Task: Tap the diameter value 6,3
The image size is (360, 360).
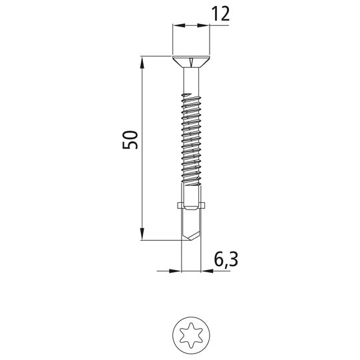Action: (x=225, y=260)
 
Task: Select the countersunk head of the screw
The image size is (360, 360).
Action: (x=191, y=62)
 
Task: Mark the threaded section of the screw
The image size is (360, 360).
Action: (x=191, y=140)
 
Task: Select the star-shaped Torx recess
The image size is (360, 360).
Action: (x=191, y=331)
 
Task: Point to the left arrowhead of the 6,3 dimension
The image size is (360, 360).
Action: (x=178, y=271)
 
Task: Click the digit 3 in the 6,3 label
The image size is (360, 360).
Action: (x=232, y=260)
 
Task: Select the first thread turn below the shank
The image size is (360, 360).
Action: (x=191, y=96)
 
